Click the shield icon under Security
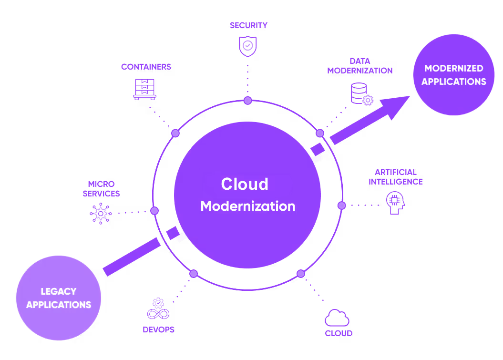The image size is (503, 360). [248, 46]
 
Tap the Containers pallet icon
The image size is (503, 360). [144, 89]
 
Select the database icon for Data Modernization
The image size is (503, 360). [361, 94]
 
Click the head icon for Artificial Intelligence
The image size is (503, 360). [395, 203]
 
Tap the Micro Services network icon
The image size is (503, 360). [101, 213]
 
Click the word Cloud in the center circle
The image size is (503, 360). [245, 184]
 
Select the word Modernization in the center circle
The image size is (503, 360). [247, 206]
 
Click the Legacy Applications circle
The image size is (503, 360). [59, 298]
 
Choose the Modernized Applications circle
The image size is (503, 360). [453, 75]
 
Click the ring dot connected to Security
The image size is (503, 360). [247, 100]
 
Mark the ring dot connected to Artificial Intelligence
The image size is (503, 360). [341, 205]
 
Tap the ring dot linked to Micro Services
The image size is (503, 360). [154, 211]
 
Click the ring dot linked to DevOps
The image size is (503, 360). [194, 274]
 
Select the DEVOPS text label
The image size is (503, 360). [158, 329]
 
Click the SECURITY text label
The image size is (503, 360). [248, 25]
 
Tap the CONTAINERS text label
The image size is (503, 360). [146, 67]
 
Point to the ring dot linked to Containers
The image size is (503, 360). [175, 133]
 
